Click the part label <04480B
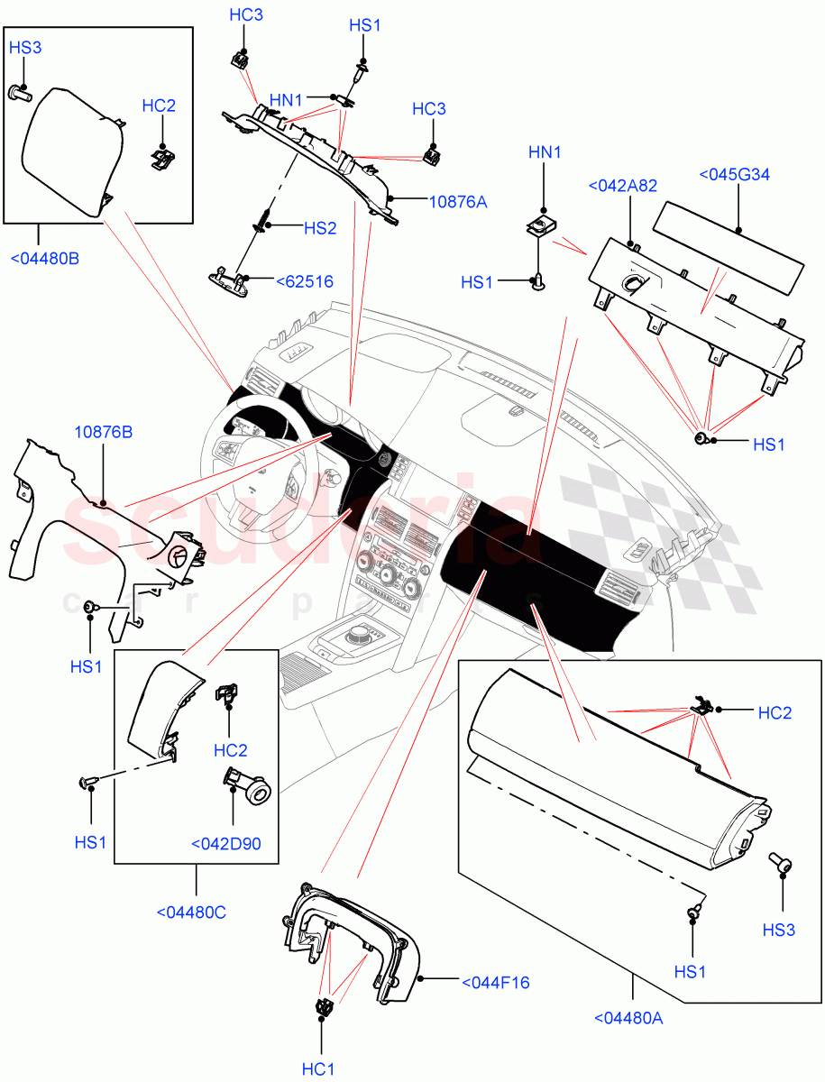[x=44, y=259]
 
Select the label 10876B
[x=103, y=433]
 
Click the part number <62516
[x=304, y=282]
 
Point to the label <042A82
[x=622, y=186]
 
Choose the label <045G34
[x=735, y=175]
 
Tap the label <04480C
[x=191, y=912]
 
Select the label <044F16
[x=495, y=982]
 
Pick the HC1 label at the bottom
[x=318, y=1069]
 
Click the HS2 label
[x=319, y=229]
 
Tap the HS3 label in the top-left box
[x=25, y=48]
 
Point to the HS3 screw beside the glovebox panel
[x=781, y=864]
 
